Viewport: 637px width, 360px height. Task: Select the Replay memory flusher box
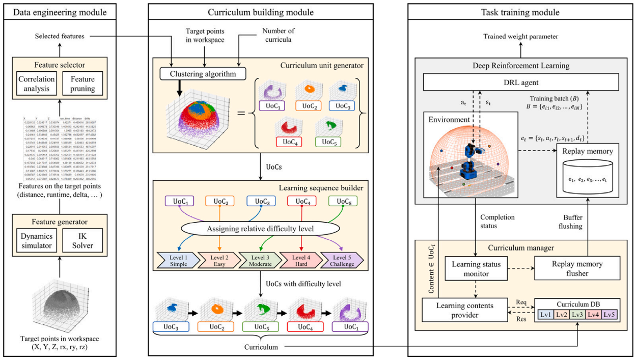576,269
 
